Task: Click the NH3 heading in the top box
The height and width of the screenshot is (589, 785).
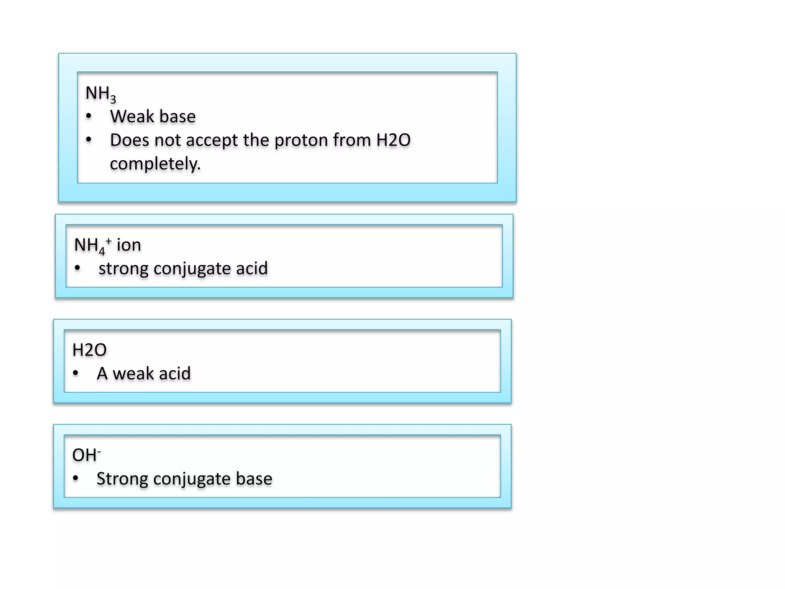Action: pyautogui.click(x=100, y=94)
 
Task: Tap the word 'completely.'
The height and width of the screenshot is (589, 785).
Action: pyautogui.click(x=155, y=164)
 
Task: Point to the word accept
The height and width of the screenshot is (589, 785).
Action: pyautogui.click(x=212, y=140)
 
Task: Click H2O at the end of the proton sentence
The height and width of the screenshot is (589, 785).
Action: pyautogui.click(x=393, y=140)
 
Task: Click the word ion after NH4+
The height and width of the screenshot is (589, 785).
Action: pyautogui.click(x=129, y=245)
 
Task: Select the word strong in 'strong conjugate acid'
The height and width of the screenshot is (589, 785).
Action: pyautogui.click(x=123, y=268)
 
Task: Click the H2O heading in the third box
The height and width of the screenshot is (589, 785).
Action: pyautogui.click(x=89, y=350)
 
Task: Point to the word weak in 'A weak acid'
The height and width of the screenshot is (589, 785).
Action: pyautogui.click(x=133, y=373)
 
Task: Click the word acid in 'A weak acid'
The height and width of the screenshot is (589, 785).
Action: pyautogui.click(x=174, y=373)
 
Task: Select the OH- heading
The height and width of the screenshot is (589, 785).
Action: pyautogui.click(x=86, y=455)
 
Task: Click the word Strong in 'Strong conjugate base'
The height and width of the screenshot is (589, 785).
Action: pyautogui.click(x=122, y=479)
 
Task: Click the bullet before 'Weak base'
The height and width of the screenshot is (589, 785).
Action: pyautogui.click(x=89, y=116)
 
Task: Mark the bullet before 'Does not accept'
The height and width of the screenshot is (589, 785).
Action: pyautogui.click(x=89, y=140)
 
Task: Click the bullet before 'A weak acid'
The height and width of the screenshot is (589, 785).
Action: pyautogui.click(x=76, y=373)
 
